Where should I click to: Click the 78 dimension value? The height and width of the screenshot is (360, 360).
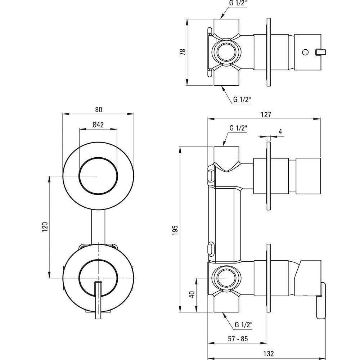[x=183, y=52]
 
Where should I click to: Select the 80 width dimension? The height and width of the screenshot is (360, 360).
[x=99, y=109]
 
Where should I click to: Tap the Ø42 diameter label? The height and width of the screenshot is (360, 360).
[x=98, y=125]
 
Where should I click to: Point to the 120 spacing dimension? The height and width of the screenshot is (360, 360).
[x=45, y=227]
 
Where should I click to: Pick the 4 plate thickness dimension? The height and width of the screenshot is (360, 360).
[x=280, y=132]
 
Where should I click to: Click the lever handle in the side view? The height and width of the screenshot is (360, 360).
[x=321, y=301]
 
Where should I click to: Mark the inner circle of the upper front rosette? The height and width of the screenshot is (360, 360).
[x=98, y=176]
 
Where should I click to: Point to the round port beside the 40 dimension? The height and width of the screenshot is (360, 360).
[x=226, y=278]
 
